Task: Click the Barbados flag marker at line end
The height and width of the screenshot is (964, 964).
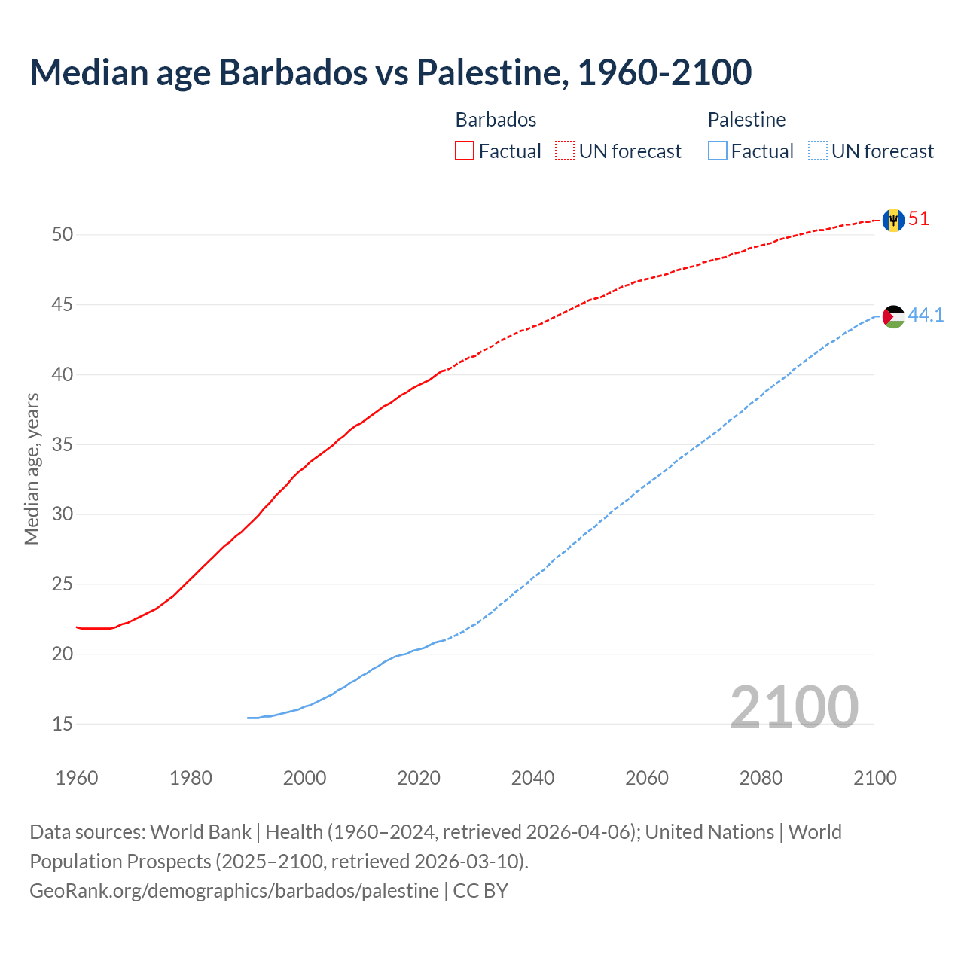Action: [893, 220]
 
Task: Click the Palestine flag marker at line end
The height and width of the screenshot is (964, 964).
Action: [893, 316]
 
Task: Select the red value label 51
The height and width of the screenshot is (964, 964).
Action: [919, 219]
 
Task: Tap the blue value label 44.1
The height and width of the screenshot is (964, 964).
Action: [926, 315]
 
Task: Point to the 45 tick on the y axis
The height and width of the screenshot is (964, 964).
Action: [63, 305]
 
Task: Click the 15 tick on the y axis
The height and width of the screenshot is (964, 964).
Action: [63, 725]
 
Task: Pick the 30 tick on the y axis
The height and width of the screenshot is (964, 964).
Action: [63, 514]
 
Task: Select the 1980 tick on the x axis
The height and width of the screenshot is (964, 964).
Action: [191, 778]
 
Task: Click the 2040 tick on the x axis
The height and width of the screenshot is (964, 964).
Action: [532, 778]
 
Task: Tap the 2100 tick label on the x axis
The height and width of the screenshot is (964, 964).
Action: [875, 778]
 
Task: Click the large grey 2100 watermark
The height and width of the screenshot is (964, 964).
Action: [794, 706]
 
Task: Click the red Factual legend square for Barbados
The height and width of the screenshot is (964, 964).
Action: [465, 151]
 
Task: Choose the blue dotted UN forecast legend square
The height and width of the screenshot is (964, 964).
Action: [818, 151]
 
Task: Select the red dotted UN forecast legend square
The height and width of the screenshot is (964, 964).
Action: [565, 151]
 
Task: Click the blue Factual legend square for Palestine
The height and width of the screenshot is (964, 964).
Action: [718, 151]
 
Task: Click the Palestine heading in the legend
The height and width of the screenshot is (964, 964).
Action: [746, 120]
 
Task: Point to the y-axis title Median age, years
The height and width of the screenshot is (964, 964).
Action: [32, 468]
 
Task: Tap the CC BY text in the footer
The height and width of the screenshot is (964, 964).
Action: [480, 891]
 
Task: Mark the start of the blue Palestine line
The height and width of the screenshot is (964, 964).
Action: [249, 718]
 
